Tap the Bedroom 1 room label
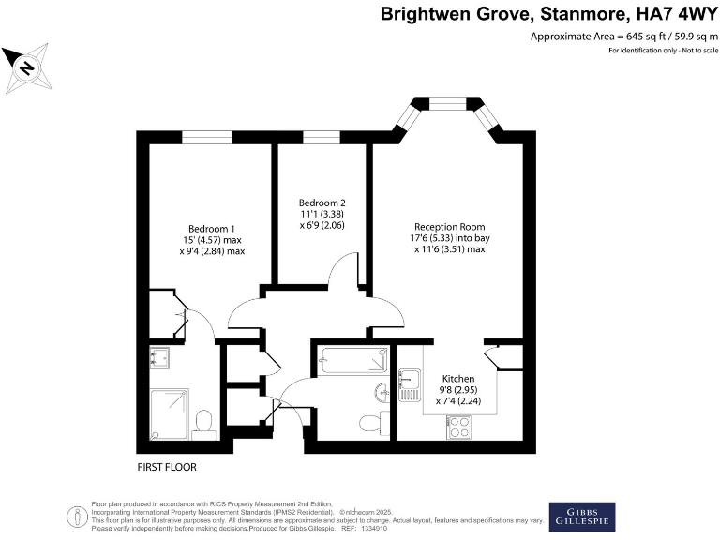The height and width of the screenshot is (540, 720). (211, 229)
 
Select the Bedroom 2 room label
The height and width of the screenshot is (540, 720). (322, 202)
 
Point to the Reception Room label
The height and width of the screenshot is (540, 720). (451, 226)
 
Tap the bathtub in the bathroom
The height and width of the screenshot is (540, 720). (352, 360)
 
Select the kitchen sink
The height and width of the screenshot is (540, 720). (410, 384)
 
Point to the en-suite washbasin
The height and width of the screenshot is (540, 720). (158, 357)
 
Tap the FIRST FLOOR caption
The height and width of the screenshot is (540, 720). (167, 466)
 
